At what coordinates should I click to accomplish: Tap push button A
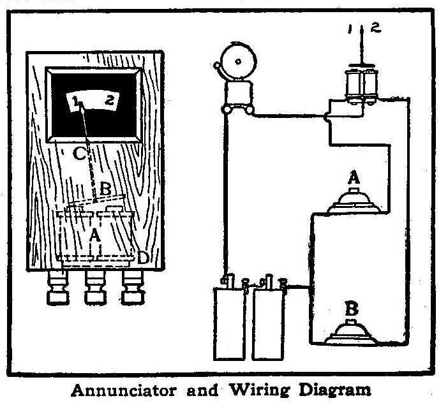353,202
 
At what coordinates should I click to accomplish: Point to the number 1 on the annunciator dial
76,100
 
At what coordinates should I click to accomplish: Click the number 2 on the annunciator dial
110,100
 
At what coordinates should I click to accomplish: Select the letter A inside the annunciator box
94,235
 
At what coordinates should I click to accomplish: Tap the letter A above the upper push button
352,179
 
